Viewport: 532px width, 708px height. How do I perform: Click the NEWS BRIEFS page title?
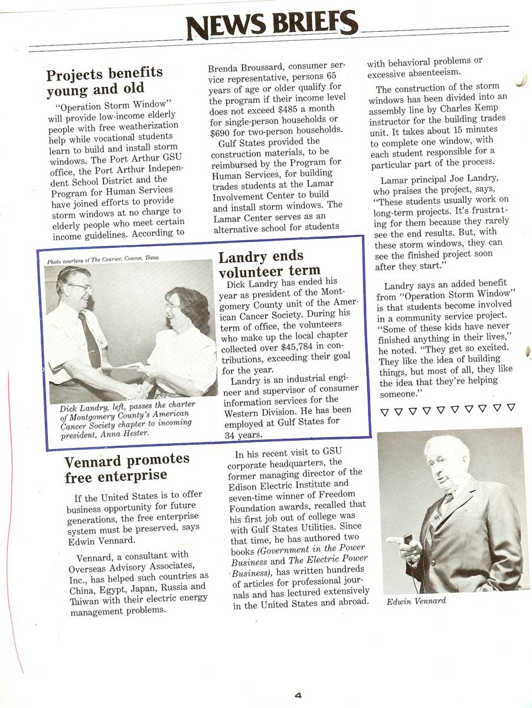271,24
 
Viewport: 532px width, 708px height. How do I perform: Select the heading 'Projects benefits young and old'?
105,81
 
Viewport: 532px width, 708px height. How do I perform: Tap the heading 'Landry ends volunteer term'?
261,264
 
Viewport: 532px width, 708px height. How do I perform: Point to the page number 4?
298,696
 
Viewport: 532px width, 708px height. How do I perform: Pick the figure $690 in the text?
221,129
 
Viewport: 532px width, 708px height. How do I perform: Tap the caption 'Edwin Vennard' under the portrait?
416,601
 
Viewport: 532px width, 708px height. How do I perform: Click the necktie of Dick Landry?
89,339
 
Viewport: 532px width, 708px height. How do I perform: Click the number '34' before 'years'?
231,435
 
